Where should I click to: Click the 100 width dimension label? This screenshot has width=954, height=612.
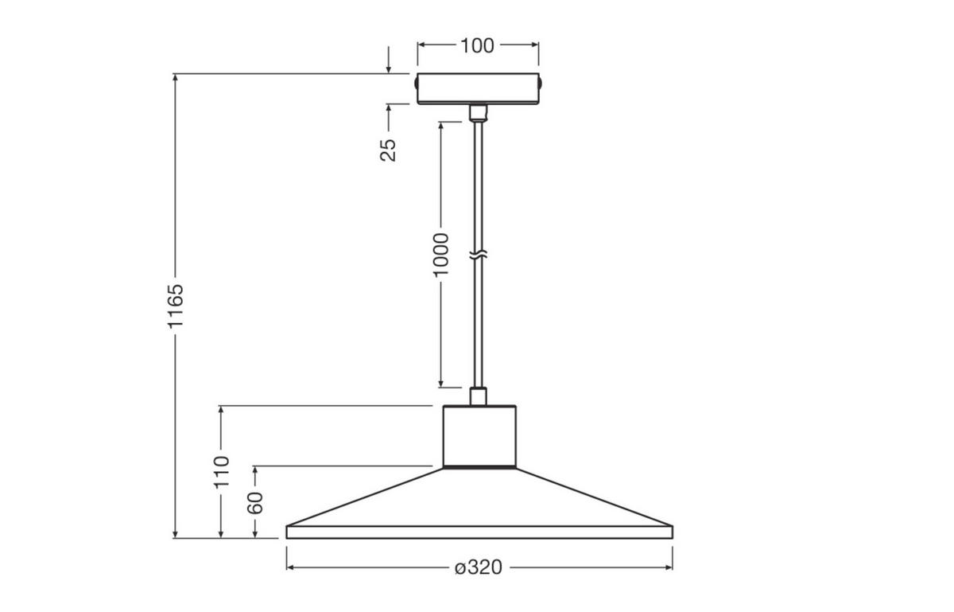coord(477,45)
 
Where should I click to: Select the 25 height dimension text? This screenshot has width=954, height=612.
coord(387,149)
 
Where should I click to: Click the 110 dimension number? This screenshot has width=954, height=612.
coord(221,471)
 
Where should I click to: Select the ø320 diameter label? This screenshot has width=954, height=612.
coord(479,567)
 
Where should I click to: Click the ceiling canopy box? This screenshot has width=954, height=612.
coord(478,88)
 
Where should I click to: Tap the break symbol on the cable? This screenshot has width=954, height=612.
coord(478,256)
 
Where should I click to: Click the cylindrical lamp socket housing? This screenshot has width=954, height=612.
coord(479,435)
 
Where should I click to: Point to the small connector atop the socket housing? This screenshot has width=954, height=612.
coord(478,396)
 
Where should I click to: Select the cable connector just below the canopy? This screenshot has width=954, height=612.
coord(478,112)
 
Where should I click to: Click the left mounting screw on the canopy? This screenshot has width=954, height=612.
coord(415,81)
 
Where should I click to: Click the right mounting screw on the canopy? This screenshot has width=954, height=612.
coord(541,81)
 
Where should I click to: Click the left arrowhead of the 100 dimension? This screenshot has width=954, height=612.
coord(422,45)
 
